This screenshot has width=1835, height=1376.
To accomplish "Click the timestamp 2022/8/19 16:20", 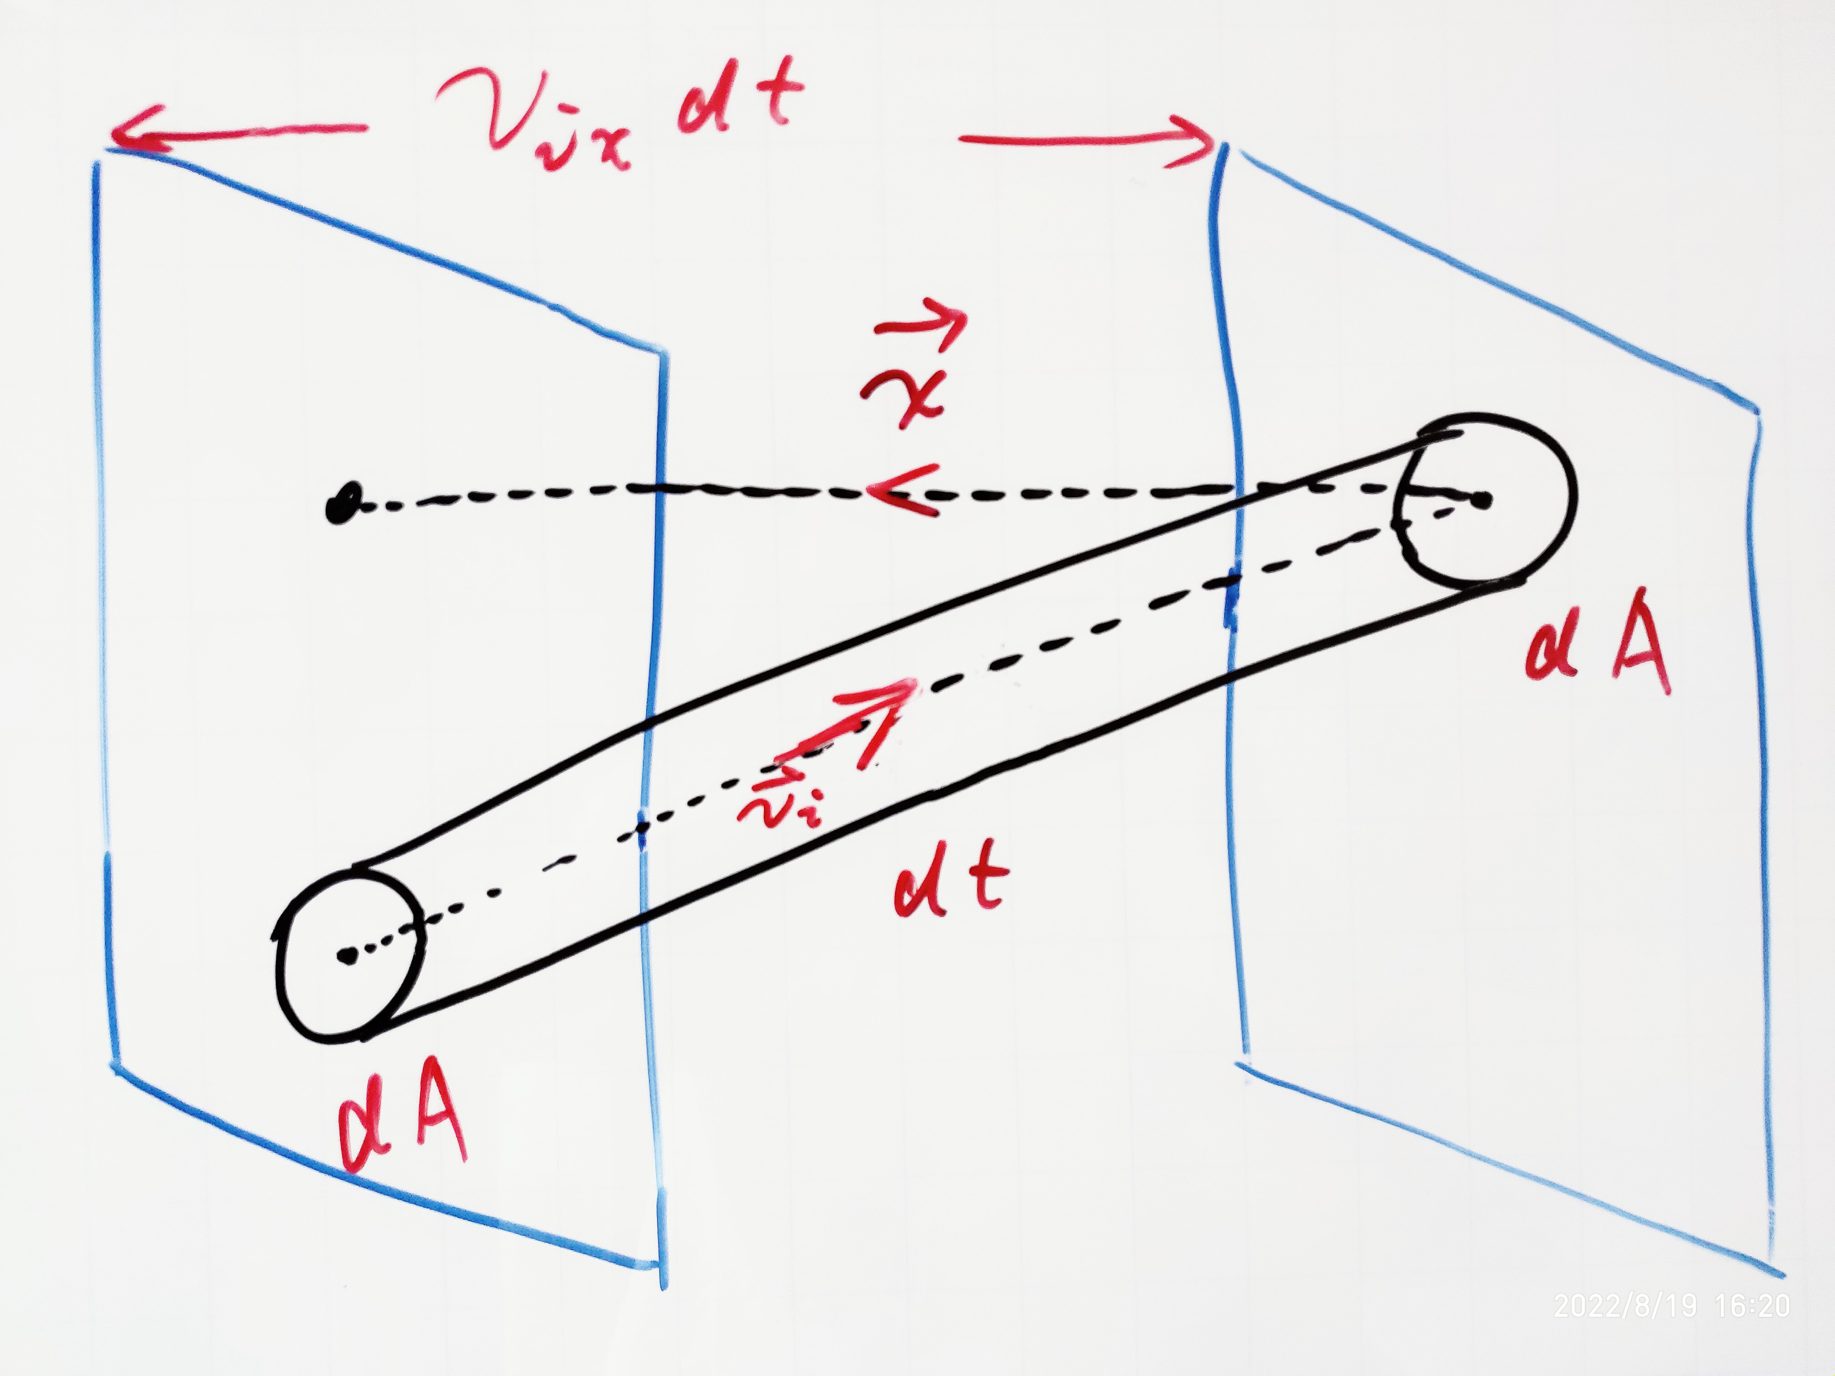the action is tap(1672, 1306).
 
